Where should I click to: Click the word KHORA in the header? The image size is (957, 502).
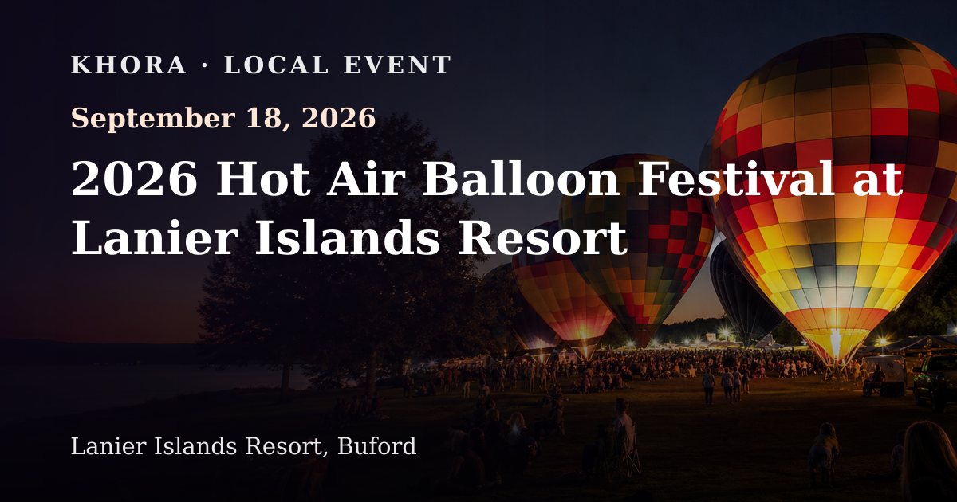pos(128,65)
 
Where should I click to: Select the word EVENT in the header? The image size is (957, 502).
pos(397,65)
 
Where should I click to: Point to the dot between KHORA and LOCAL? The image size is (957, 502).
pos(205,65)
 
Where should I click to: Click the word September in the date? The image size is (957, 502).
pos(153,119)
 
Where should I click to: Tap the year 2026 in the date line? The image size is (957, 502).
pos(339,118)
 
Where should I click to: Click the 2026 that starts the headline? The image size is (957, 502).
pos(135,178)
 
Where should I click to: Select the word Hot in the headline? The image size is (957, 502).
pos(263,178)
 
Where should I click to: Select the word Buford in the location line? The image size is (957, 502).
pos(376,446)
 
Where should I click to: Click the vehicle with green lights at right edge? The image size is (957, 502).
pos(935,381)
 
